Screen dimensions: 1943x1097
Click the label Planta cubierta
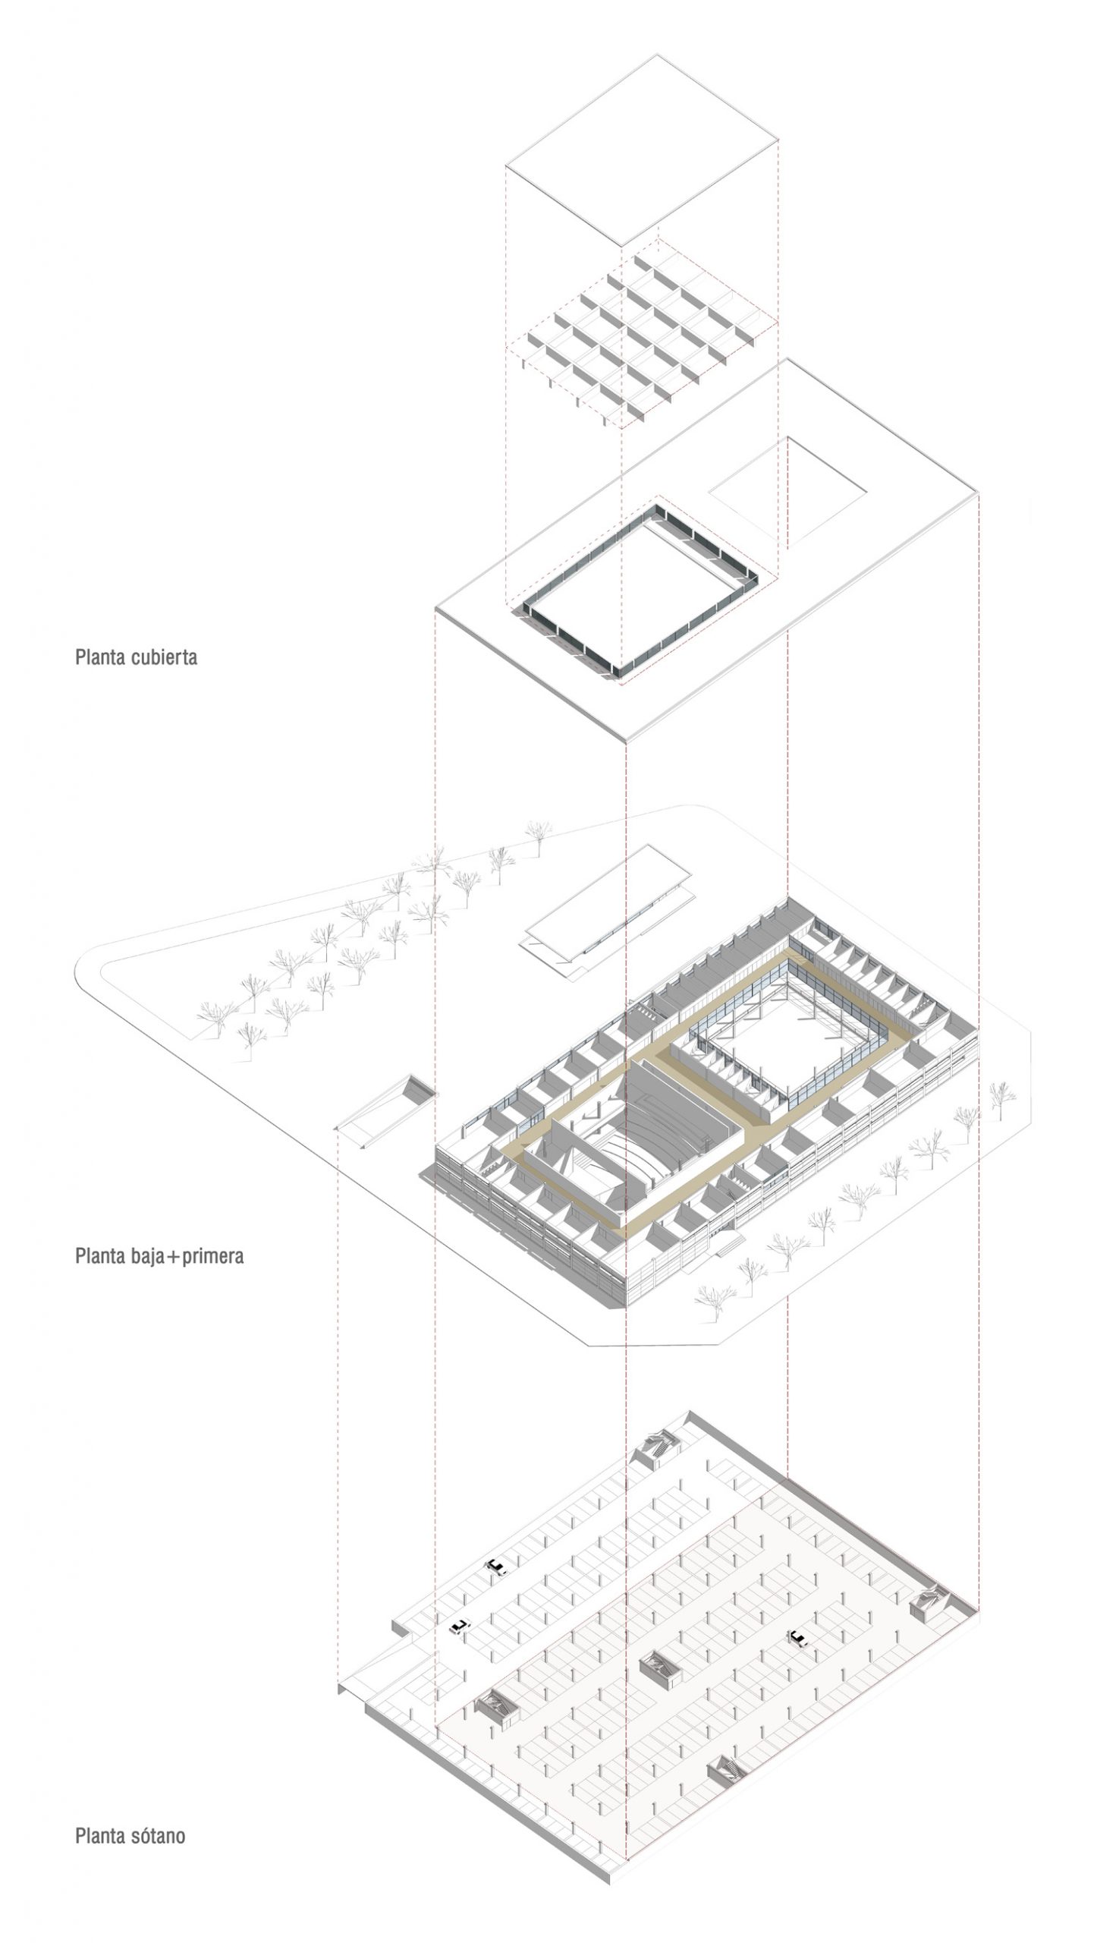tap(136, 657)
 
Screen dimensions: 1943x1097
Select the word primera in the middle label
tap(213, 1255)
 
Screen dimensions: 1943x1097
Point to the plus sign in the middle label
tap(174, 1257)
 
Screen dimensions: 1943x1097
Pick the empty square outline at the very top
tap(642, 149)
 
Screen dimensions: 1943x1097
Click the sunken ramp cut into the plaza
tap(387, 1108)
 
